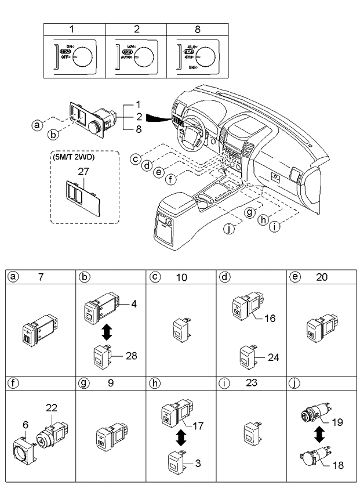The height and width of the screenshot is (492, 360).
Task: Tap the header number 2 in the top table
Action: tap(136, 28)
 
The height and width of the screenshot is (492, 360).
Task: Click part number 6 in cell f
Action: tap(26, 425)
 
